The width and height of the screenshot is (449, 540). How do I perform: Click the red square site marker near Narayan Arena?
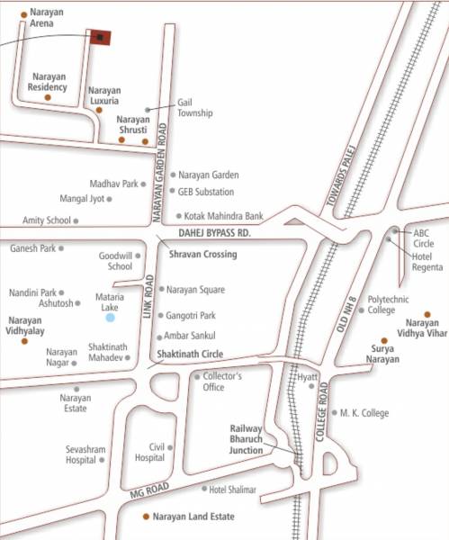(x=100, y=37)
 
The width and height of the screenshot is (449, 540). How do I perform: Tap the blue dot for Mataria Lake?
(x=111, y=317)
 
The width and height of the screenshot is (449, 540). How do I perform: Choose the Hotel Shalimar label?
(x=232, y=490)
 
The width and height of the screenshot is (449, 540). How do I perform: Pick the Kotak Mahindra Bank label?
(x=223, y=216)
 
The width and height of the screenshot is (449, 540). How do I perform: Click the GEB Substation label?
(x=206, y=192)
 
